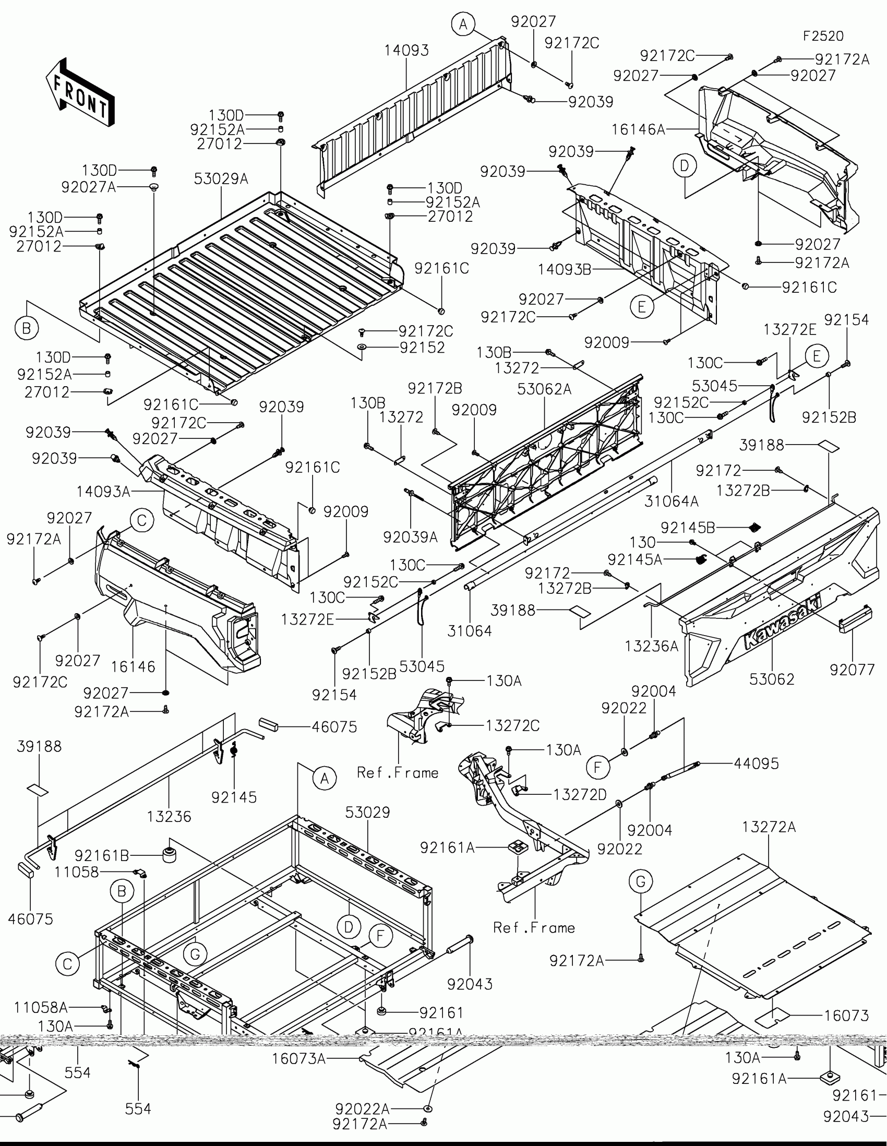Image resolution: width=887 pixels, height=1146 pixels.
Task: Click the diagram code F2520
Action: click(x=823, y=36)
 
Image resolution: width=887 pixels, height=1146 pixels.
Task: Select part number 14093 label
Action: click(x=406, y=51)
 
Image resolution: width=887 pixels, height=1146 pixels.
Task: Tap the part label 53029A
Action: click(x=221, y=179)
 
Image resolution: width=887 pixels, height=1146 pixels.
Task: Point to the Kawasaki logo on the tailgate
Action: click(x=783, y=622)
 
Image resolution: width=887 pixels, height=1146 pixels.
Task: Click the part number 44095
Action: click(x=756, y=763)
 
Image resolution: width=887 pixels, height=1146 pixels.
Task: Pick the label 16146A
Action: click(x=638, y=129)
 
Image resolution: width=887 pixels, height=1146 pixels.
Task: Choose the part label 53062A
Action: click(x=544, y=389)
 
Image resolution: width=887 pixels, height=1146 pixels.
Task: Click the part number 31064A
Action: click(x=672, y=501)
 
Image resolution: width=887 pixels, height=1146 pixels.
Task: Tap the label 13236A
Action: click(x=652, y=646)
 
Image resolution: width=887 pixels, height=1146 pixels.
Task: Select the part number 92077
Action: click(x=852, y=670)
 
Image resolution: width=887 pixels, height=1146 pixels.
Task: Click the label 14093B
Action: click(x=564, y=270)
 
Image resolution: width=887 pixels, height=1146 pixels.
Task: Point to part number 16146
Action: click(x=133, y=666)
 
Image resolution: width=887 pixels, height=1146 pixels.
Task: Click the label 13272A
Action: click(x=769, y=827)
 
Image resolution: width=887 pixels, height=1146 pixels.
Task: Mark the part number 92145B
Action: click(x=688, y=528)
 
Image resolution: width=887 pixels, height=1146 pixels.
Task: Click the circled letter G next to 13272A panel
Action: click(x=640, y=881)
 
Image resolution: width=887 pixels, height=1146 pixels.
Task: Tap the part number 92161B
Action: click(x=102, y=856)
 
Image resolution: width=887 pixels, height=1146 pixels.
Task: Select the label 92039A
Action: click(x=410, y=537)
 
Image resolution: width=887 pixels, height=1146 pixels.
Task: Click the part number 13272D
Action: click(x=580, y=794)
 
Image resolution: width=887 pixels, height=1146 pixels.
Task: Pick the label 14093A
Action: click(x=103, y=492)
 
